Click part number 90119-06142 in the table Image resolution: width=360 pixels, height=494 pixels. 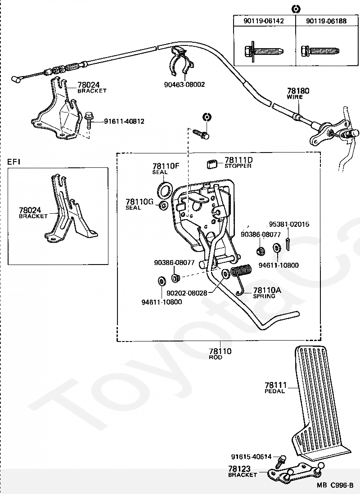(264, 21)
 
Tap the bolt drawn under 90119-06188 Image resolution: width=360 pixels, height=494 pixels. (319, 50)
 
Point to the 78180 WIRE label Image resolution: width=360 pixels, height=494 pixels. (298, 93)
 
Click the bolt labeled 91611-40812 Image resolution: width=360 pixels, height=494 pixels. (89, 120)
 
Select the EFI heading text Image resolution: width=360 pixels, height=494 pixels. (14, 162)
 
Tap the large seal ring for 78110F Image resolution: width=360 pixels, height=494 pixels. (165, 189)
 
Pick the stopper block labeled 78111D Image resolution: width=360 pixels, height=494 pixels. (212, 164)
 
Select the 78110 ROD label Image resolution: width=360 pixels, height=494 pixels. (220, 353)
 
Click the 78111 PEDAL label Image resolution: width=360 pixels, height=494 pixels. (275, 387)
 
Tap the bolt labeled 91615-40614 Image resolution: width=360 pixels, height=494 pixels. (279, 461)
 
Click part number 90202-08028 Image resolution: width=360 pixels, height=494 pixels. (187, 293)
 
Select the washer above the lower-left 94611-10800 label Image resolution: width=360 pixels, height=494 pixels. (162, 280)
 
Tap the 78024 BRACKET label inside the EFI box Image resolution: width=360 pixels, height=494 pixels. (33, 213)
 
